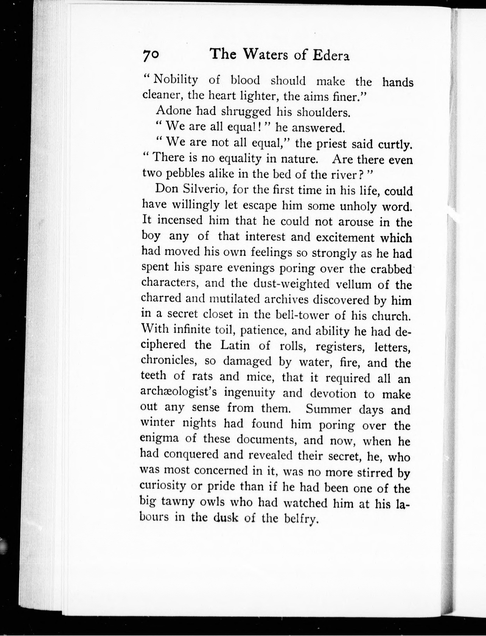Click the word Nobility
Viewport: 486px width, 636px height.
[175, 79]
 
